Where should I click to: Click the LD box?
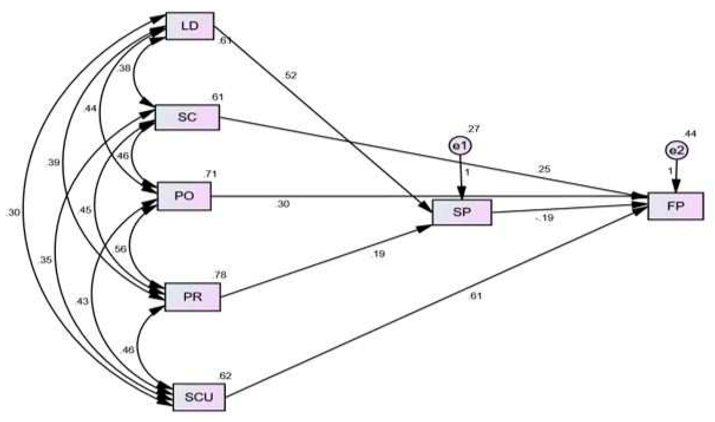tap(190, 26)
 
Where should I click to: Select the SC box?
tap(187, 117)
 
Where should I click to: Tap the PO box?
tap(184, 196)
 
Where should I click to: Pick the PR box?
tap(193, 297)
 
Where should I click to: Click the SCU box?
tap(199, 397)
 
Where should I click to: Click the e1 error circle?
tap(460, 146)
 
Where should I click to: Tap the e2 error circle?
tap(676, 151)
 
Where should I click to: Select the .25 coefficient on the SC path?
tap(544, 169)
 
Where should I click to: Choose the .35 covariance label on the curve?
tap(46, 260)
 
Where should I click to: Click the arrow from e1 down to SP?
tap(461, 176)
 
